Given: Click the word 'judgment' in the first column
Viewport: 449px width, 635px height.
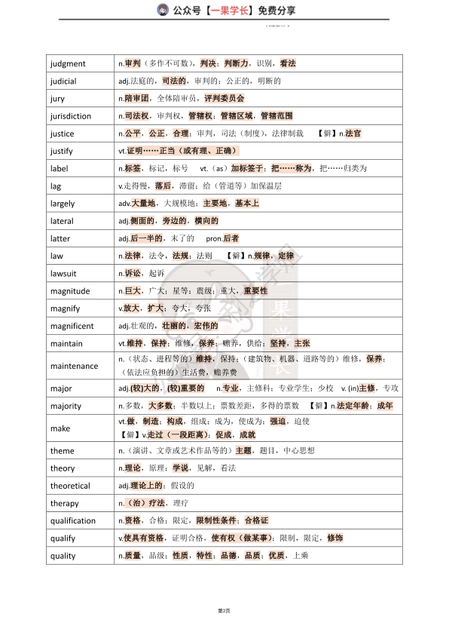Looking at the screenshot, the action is tap(68, 63).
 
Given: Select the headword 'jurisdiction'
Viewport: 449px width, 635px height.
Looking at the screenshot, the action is tap(71, 116).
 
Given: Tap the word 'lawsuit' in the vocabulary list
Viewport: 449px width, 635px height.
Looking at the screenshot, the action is tap(65, 273).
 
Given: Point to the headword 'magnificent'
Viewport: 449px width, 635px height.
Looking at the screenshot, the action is tap(72, 326).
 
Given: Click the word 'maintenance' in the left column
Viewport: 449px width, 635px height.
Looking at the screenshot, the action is tap(74, 366).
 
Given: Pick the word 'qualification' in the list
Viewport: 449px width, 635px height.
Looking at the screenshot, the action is tap(73, 520).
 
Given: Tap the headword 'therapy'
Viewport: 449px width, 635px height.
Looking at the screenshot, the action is tap(64, 503).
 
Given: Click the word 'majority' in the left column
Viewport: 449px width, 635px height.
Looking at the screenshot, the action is tap(66, 406).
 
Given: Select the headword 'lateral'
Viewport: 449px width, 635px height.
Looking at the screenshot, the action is tap(62, 221).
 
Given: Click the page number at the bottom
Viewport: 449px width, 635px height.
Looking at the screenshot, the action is tap(224, 609).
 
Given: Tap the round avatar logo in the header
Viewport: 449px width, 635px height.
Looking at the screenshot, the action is tap(163, 10).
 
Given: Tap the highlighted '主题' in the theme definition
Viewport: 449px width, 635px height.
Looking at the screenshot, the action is tap(243, 450).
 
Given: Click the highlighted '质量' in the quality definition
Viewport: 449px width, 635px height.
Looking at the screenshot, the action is tap(133, 556).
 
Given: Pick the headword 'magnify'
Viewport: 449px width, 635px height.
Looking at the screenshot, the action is tap(65, 308).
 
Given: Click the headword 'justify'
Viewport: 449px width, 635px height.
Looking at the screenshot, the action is tap(62, 151).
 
